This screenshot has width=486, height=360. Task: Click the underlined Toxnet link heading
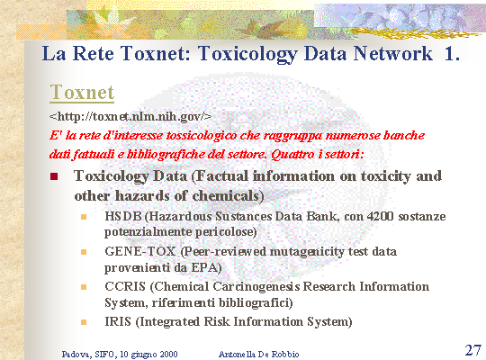[82, 93]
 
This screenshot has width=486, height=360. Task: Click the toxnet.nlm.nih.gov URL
[130, 117]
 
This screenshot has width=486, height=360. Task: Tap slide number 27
[473, 350]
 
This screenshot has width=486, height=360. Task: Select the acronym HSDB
[123, 216]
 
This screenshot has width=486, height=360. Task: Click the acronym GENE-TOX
[140, 251]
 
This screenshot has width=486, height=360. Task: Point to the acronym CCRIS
[125, 286]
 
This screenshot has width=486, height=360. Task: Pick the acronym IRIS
[118, 321]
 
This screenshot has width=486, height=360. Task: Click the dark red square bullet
[54, 176]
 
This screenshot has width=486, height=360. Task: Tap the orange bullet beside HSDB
[84, 217]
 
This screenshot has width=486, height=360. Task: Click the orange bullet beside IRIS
[84, 322]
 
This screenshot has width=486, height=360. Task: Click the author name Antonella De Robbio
[259, 354]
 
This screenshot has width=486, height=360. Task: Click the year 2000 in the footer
[169, 354]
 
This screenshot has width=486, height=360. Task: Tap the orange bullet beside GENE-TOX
[84, 252]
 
